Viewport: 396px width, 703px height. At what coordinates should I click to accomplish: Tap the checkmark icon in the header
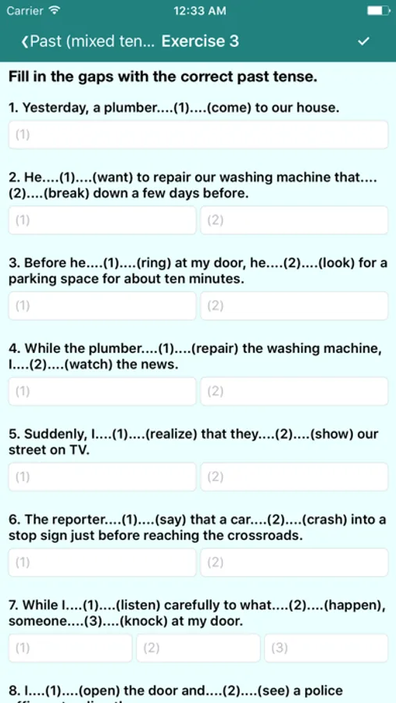[364, 41]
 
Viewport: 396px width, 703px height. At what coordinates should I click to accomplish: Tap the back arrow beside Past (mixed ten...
[24, 41]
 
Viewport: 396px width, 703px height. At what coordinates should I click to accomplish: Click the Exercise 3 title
[200, 41]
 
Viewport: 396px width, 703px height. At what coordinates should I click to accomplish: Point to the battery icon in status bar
[379, 10]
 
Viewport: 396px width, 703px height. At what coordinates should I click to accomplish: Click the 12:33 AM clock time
[200, 11]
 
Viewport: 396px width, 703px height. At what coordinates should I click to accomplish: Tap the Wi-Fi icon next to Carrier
[54, 10]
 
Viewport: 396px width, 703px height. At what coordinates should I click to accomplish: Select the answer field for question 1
[198, 134]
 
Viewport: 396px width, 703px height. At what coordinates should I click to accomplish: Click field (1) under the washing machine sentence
[102, 220]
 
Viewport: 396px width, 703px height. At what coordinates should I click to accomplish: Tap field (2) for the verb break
[294, 220]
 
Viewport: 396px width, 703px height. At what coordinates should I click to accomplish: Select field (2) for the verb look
[294, 305]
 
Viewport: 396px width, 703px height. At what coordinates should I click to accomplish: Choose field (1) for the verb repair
[102, 391]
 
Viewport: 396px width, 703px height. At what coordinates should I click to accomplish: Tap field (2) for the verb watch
[294, 391]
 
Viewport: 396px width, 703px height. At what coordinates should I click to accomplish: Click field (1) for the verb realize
[102, 476]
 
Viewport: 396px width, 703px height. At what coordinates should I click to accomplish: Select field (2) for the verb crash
[294, 562]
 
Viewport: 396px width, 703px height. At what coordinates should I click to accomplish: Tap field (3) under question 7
[326, 648]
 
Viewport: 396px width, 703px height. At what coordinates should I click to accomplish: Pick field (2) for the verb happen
[198, 648]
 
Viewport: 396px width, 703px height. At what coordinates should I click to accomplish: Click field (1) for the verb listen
[70, 648]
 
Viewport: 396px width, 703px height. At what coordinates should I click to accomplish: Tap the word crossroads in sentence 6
[268, 536]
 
